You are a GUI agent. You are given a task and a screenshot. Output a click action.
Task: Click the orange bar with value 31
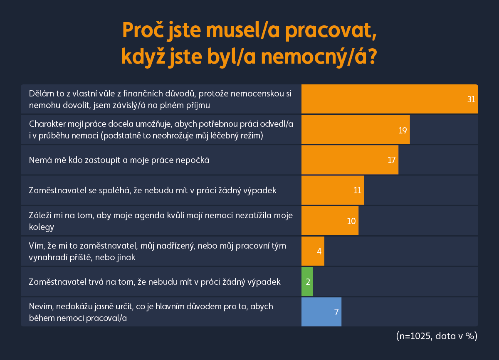click(x=390, y=99)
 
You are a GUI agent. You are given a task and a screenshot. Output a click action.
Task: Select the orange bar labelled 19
click(x=356, y=130)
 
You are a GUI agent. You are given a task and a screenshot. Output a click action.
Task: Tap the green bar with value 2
click(x=307, y=281)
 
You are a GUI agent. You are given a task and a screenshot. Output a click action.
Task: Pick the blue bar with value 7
click(x=321, y=312)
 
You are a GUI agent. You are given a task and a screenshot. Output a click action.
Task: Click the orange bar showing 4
click(x=313, y=251)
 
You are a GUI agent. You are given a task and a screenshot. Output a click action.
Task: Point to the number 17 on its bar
click(x=391, y=160)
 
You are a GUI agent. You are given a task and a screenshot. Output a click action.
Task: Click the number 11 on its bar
click(x=357, y=190)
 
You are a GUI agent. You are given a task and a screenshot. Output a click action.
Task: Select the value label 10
click(x=351, y=221)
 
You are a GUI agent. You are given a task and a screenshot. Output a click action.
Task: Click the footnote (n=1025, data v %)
click(x=437, y=336)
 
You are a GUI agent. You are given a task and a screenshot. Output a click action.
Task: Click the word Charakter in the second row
click(x=46, y=123)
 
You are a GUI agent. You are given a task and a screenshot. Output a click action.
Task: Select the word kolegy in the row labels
click(x=42, y=227)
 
